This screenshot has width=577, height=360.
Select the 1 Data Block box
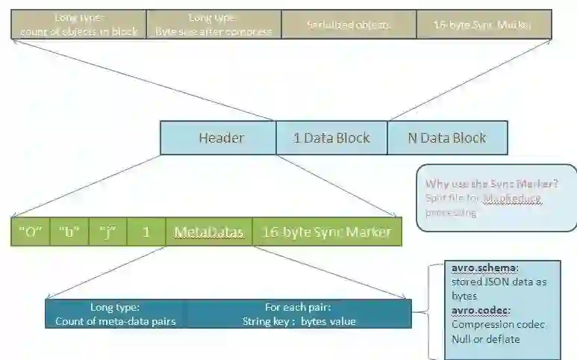331,138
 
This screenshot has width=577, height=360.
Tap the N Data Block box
446,138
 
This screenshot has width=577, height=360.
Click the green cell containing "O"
30,232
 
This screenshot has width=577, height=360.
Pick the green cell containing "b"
69,232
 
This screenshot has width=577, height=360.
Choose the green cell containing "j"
107,232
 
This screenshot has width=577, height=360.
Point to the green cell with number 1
146,232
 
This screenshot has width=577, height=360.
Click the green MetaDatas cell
209,232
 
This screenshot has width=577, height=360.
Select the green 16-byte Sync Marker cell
327,232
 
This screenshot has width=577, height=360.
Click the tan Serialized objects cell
349,24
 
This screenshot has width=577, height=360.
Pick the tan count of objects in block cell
78,24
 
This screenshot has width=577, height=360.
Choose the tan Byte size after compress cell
213,24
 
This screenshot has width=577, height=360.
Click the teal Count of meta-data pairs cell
115,314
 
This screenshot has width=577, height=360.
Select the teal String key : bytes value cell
299,314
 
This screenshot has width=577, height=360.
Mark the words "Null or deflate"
486,338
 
